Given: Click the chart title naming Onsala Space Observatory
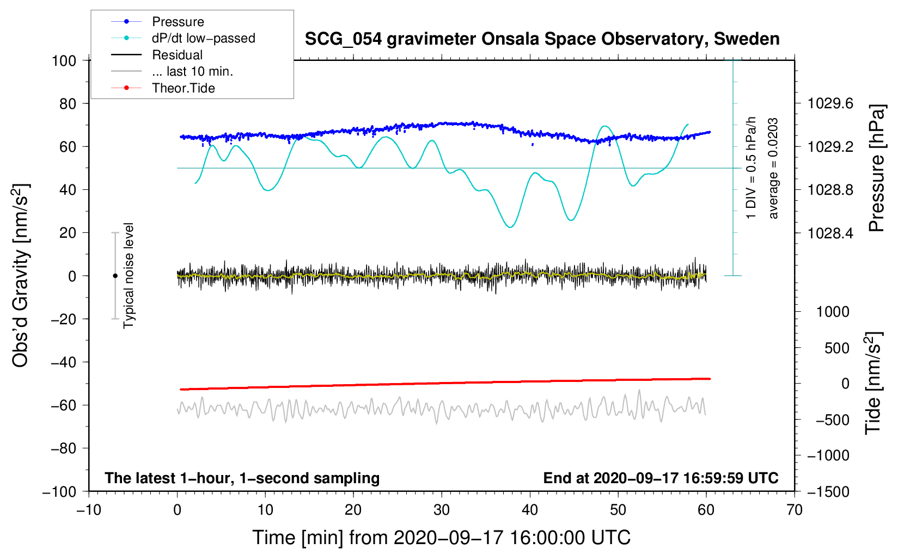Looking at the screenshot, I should [x=542, y=39].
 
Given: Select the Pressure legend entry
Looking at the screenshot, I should [x=178, y=22].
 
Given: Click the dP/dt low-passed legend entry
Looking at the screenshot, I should [x=203, y=38].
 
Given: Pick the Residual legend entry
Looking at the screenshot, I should [x=177, y=55].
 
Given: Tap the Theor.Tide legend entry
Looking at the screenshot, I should [x=183, y=88].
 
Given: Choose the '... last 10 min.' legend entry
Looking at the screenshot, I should [x=192, y=71].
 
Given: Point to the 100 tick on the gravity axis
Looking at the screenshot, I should [x=64, y=60].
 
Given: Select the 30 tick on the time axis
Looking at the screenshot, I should [x=442, y=510].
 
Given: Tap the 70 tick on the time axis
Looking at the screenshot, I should [x=795, y=510].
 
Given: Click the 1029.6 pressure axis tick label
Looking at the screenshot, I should [x=830, y=103].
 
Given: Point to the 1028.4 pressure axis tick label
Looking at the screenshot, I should [x=830, y=233].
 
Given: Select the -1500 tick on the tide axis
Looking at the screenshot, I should [x=828, y=491].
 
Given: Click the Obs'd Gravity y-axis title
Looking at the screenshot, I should [x=20, y=275].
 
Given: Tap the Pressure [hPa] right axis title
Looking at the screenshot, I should [x=876, y=168].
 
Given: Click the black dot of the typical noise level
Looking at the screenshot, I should [x=115, y=276].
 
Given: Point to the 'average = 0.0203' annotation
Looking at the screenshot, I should [x=773, y=168].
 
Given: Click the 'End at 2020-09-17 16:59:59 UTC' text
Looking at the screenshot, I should [x=661, y=478].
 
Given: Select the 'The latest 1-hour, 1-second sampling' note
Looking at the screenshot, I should [x=242, y=478].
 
